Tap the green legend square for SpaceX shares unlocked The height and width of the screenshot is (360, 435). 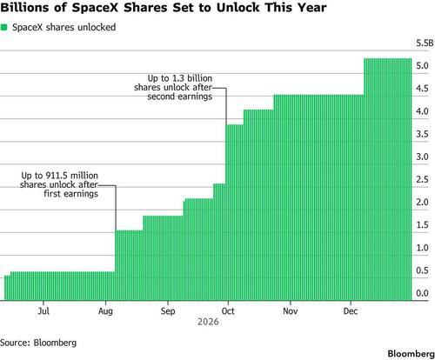point(4,27)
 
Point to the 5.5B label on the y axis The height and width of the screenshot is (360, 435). point(425,43)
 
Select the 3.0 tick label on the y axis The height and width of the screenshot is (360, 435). point(422,157)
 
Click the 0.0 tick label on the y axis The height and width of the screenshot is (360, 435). point(422,293)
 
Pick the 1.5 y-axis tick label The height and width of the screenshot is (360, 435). point(422,225)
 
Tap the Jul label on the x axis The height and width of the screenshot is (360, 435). point(43,311)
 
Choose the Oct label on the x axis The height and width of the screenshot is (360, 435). point(228,311)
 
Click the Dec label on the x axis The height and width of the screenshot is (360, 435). point(351,311)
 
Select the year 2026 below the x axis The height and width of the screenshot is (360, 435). point(208,322)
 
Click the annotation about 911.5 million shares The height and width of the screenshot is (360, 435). point(59,184)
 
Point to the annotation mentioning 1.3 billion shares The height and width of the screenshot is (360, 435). point(173,87)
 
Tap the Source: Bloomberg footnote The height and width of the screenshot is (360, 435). point(38,343)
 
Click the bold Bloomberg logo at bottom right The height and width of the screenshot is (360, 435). point(411,354)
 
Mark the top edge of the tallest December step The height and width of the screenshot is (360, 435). point(388,58)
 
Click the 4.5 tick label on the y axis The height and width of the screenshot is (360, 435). point(422,89)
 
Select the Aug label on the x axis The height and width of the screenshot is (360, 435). point(105,311)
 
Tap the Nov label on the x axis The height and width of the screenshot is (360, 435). point(290,311)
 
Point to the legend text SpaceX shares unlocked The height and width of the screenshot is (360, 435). point(64,27)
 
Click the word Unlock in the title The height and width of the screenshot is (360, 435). point(237,8)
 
